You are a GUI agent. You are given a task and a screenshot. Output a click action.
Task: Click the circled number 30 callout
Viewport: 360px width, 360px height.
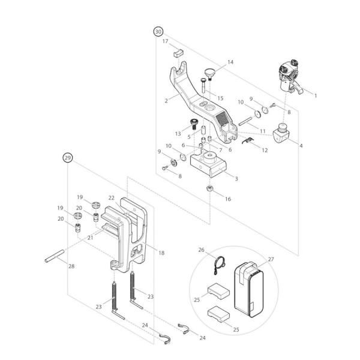click(158, 31)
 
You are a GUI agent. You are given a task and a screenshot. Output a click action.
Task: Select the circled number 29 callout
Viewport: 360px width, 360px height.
click(68, 158)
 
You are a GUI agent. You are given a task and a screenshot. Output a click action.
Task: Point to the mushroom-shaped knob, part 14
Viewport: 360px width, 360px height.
click(209, 73)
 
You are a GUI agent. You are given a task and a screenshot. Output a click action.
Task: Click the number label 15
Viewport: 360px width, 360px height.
click(220, 98)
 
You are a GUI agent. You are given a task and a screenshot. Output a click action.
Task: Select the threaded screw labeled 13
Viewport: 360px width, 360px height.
click(194, 124)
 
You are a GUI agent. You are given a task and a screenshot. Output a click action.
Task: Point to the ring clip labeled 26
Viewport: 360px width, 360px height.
click(221, 262)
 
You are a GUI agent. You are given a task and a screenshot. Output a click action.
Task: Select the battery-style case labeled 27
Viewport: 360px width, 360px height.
click(248, 288)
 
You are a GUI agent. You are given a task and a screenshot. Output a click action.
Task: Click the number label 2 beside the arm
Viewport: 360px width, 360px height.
click(166, 101)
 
